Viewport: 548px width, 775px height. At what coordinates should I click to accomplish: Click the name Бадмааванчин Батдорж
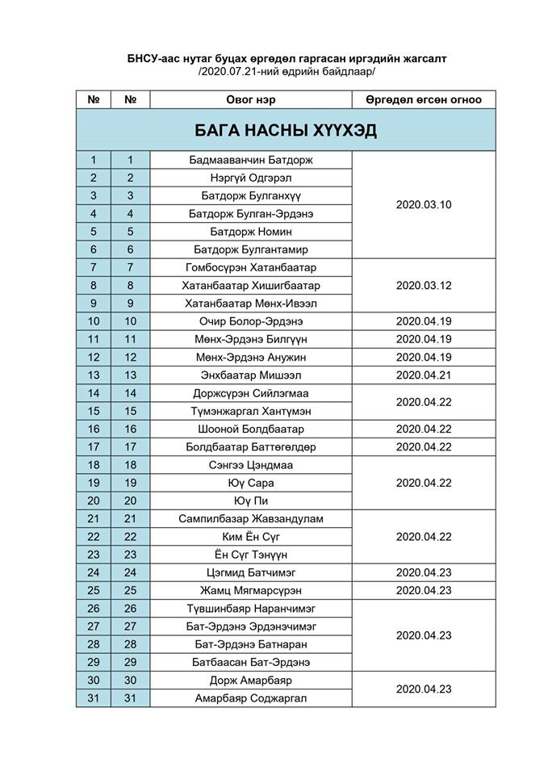coord(251,160)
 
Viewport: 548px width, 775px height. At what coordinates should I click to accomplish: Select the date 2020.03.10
coord(423,205)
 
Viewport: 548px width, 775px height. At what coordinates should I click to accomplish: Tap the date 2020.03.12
coord(423,286)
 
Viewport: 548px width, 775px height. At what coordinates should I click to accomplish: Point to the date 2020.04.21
coord(423,375)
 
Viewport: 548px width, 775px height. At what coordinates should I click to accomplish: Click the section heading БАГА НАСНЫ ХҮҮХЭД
coord(286,131)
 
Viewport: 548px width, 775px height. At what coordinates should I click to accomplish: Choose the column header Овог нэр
coord(251,100)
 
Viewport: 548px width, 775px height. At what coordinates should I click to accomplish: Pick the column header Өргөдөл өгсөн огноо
coord(423,100)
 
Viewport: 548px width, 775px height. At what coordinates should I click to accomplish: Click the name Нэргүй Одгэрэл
coord(251,178)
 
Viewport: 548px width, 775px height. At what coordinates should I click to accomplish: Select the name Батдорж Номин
coord(251,232)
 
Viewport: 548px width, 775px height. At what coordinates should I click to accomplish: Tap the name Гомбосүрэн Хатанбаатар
coord(251,267)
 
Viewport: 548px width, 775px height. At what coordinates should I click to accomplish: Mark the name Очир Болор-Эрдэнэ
coord(251,321)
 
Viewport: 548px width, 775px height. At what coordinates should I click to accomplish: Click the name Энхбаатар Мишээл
coord(251,375)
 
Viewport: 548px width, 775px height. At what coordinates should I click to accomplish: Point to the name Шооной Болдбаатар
coord(251,429)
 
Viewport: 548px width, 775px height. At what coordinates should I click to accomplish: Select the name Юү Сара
coord(251,483)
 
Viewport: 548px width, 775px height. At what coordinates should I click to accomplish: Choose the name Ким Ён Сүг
coord(251,537)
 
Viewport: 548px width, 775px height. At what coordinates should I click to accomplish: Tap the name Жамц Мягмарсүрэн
coord(251,590)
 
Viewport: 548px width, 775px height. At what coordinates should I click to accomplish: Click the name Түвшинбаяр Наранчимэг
coord(251,609)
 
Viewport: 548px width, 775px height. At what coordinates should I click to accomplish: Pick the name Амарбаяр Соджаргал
coord(251,698)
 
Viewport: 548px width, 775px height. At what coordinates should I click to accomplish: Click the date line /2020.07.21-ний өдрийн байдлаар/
coord(287,72)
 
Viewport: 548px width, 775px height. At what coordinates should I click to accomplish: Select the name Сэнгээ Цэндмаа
coord(251,465)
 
